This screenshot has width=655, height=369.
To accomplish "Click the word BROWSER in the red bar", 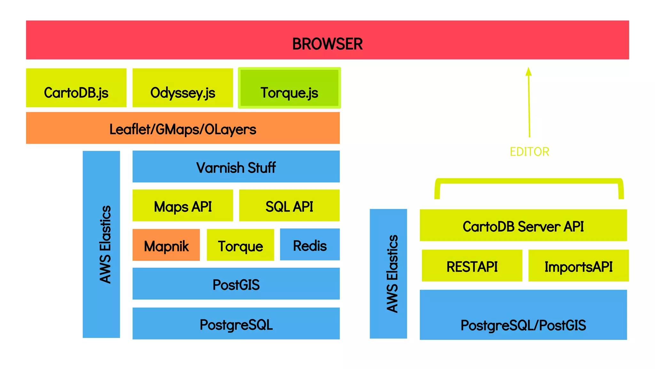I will click(x=327, y=44).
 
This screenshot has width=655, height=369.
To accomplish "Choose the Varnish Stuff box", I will click(x=236, y=167).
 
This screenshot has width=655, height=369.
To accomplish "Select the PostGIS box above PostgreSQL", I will click(x=236, y=284).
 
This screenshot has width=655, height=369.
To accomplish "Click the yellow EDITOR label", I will click(x=529, y=152).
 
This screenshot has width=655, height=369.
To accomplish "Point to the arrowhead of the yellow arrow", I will click(x=529, y=71).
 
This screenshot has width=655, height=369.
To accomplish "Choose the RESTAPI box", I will click(x=472, y=266).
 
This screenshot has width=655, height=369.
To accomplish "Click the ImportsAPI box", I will click(x=578, y=266).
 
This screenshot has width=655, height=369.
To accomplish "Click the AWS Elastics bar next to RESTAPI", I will click(x=388, y=274).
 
